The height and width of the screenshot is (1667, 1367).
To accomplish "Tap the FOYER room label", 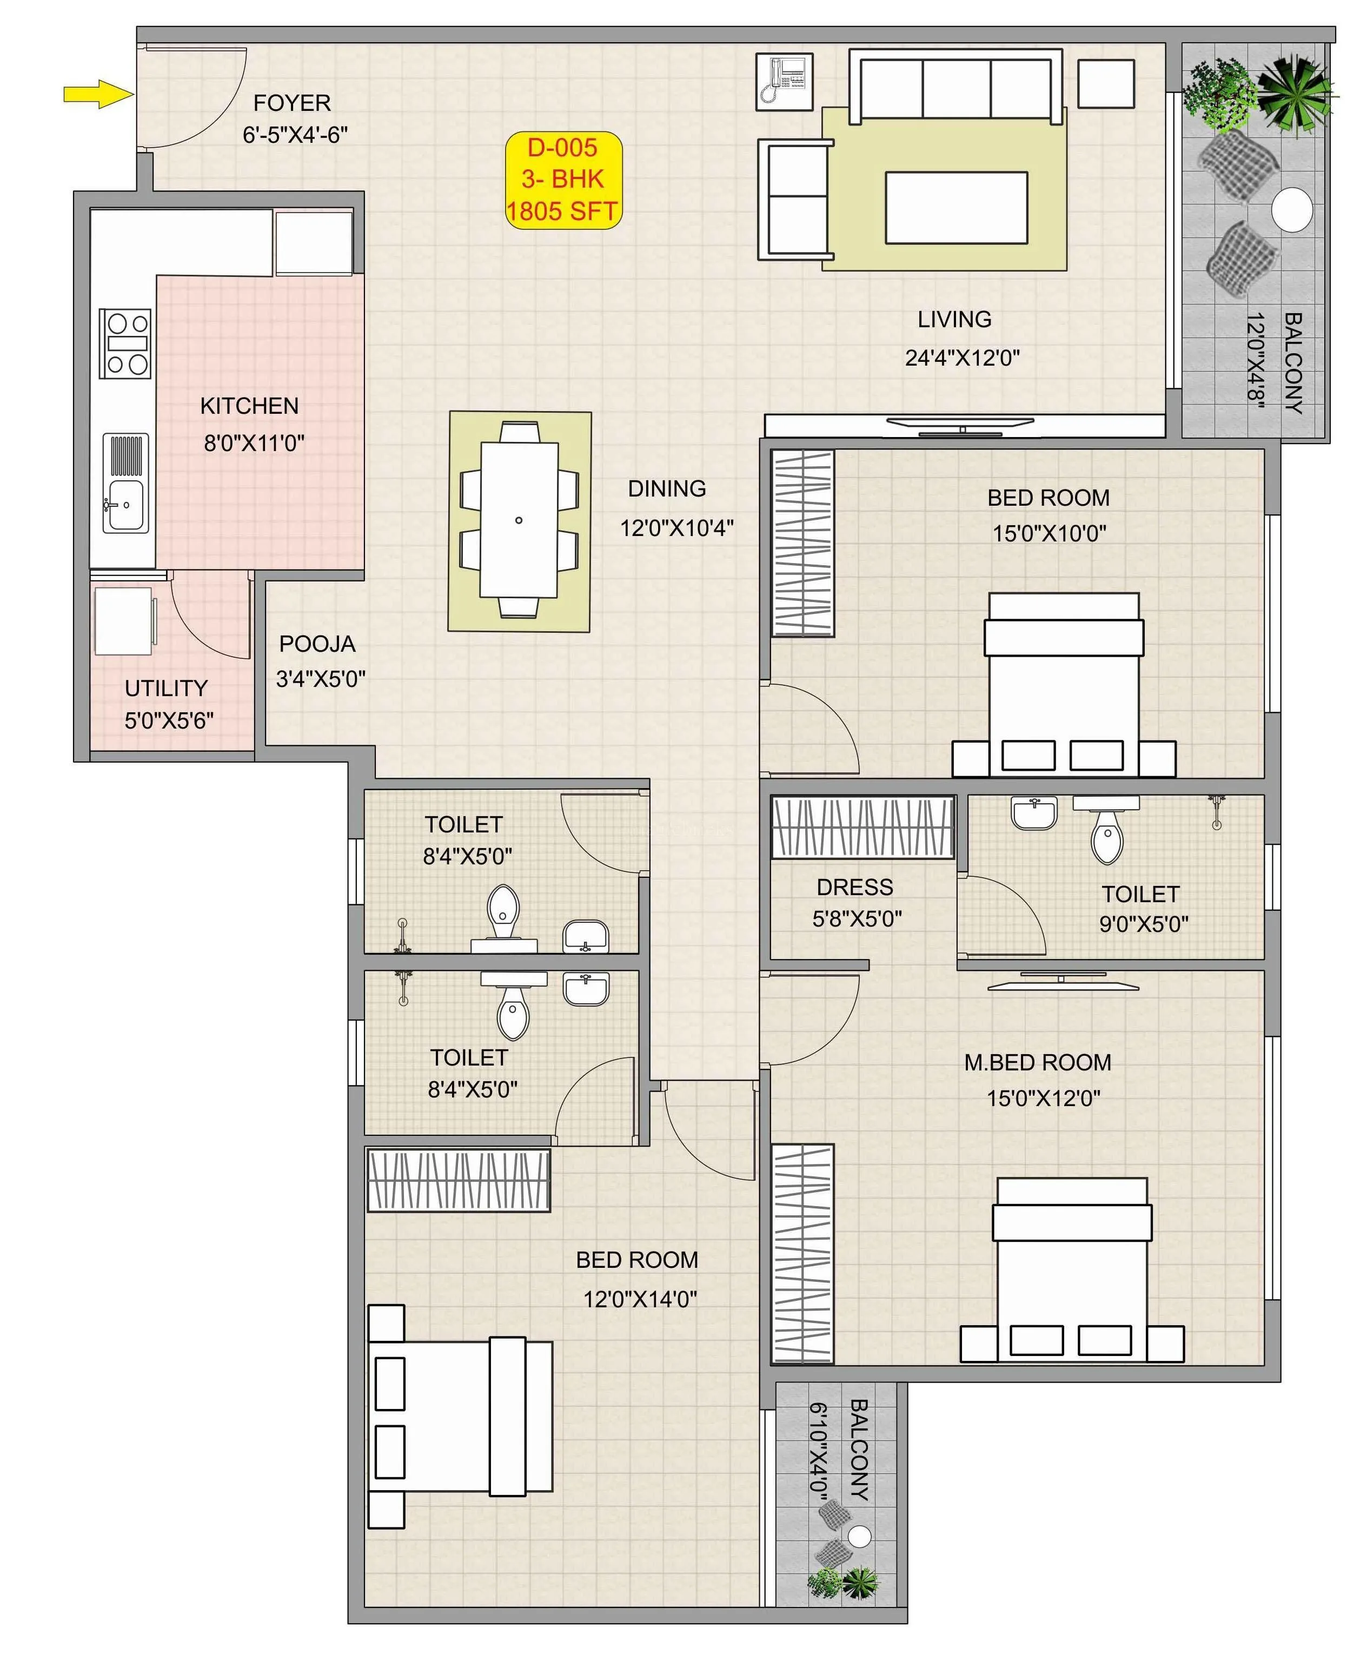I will click(291, 103).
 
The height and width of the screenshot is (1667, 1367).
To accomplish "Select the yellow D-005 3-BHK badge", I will click(563, 180).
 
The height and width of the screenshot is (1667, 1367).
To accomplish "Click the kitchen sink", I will click(125, 504).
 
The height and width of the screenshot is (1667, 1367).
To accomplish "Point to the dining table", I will click(519, 520).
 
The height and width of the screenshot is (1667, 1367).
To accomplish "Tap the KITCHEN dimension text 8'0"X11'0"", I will click(254, 444).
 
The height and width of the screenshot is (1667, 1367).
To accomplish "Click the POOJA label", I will click(317, 644).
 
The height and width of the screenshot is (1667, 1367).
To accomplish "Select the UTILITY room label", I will click(166, 688).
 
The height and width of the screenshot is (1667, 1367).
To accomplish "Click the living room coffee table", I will click(956, 208).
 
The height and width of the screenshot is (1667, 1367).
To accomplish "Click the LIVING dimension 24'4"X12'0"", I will click(961, 358).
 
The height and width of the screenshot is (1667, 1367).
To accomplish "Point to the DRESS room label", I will click(854, 888).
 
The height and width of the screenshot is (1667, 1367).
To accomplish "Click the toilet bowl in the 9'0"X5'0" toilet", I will click(1106, 841).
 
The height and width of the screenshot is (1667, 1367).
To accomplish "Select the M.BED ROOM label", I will click(1037, 1063).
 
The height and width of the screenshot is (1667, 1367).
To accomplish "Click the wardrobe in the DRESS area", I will click(862, 828).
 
